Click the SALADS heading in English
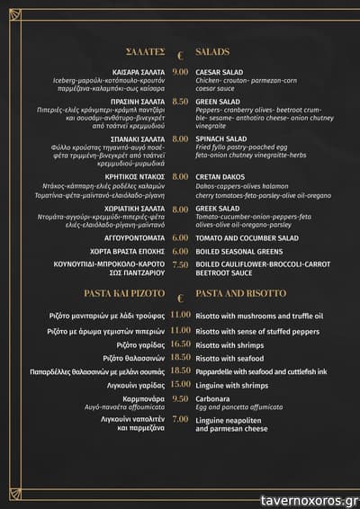click(x=212, y=52)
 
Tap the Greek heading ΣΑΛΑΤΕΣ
click(x=146, y=52)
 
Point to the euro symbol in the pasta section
click(x=180, y=296)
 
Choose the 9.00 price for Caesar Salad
click(x=180, y=72)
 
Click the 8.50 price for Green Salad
click(x=180, y=103)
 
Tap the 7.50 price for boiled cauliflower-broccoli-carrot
click(x=180, y=264)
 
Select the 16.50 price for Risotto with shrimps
click(x=180, y=344)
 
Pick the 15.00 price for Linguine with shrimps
click(x=180, y=385)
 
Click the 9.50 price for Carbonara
click(x=180, y=398)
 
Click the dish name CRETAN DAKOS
click(x=221, y=178)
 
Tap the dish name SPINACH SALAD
click(x=221, y=139)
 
